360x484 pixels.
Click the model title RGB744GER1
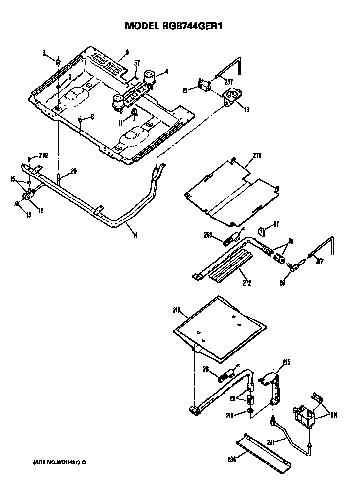[174, 27]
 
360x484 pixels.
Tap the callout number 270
[257, 156]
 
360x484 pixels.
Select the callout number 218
[177, 310]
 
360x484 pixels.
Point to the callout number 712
[44, 156]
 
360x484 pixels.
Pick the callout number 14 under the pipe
[135, 236]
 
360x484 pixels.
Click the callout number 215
[287, 362]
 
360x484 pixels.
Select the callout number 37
[276, 224]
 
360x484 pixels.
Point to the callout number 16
[246, 110]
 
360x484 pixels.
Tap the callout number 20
[74, 171]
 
